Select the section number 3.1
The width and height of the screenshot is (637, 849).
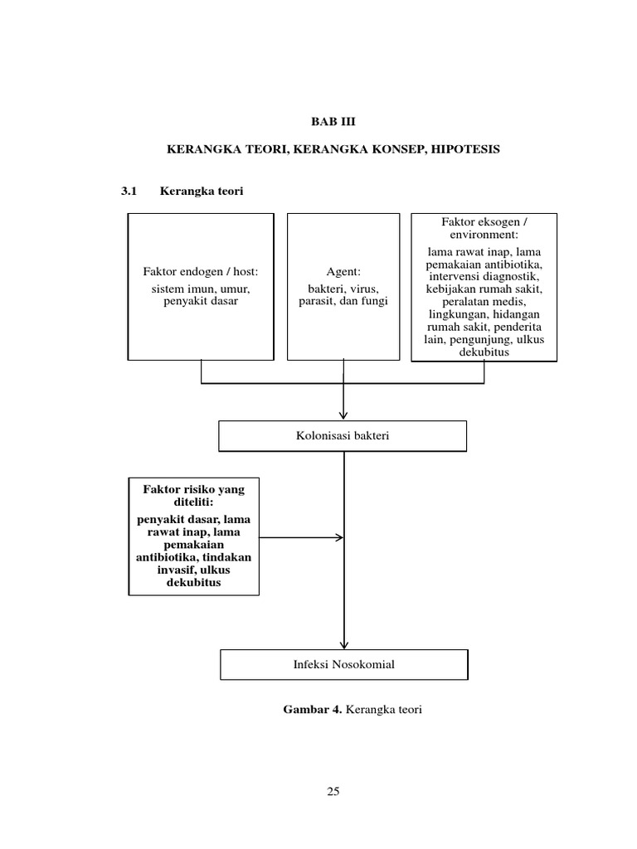pos(128,192)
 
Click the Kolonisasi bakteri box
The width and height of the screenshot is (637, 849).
pos(343,436)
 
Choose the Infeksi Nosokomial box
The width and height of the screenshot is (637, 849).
pos(343,664)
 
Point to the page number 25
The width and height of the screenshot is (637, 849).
pos(333,791)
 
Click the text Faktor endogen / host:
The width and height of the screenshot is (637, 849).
pos(201,272)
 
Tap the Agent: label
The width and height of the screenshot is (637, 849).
pos(343,272)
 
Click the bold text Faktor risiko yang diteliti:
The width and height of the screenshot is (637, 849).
pos(192,496)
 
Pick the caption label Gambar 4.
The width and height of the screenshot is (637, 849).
pos(313,711)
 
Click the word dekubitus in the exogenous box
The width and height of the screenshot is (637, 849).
pos(485,352)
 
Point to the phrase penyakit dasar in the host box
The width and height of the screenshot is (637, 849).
pos(201,300)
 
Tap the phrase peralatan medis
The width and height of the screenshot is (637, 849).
pos(485,302)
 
